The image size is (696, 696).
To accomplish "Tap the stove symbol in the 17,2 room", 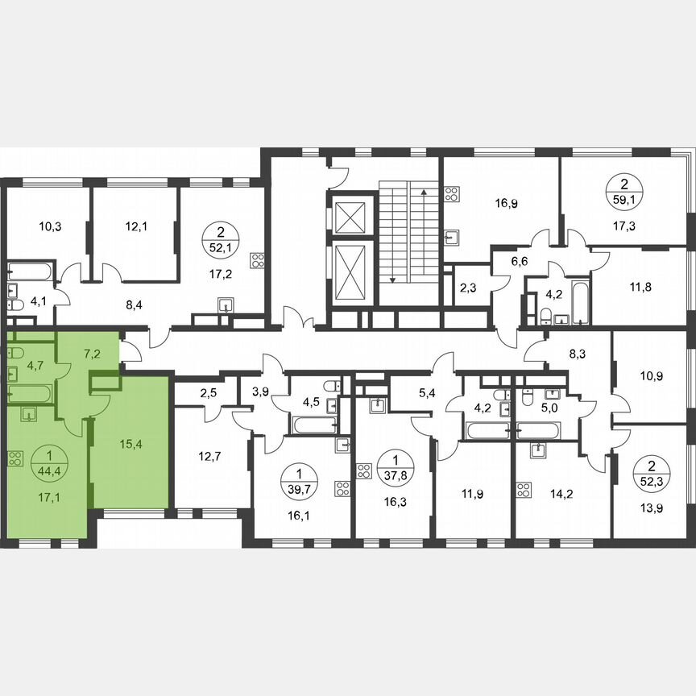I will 258,260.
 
